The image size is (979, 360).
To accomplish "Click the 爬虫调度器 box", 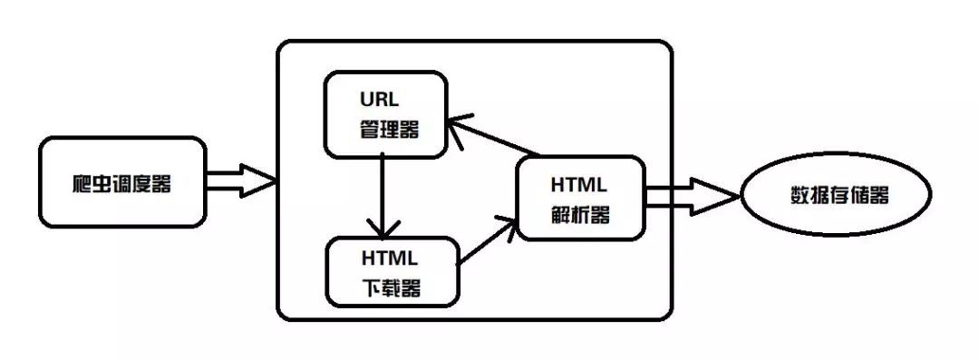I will (x=121, y=181).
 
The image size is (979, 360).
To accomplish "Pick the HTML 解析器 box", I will (x=580, y=198).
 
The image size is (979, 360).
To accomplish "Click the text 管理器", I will (x=388, y=129).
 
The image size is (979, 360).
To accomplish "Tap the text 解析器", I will (x=580, y=215).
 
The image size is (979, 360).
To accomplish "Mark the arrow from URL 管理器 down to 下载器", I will (x=383, y=190).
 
